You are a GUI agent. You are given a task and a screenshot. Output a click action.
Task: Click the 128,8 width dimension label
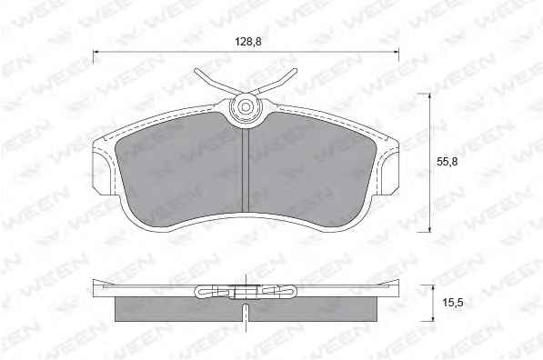point(248,42)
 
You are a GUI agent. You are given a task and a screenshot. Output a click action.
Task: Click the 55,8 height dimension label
point(447,162)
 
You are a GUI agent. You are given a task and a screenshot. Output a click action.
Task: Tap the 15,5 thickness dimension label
point(453,303)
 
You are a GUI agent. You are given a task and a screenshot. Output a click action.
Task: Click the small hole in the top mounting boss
point(246,106)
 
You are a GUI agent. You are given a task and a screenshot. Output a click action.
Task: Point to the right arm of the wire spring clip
point(276,81)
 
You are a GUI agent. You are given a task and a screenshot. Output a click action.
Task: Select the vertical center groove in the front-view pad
point(246,170)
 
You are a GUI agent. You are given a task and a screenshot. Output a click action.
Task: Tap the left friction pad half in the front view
point(178,170)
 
